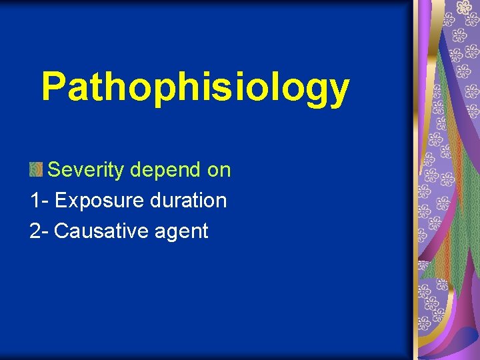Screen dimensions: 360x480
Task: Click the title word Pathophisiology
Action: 195,87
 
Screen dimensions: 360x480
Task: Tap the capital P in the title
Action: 54,86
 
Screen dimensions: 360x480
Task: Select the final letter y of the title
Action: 337,91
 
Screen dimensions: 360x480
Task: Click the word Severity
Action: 86,171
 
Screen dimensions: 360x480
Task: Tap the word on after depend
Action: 219,171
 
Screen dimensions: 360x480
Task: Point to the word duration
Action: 187,200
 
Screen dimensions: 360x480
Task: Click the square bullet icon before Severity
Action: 36,170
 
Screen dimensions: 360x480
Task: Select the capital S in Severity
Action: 55,170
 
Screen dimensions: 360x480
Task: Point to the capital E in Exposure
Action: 61,200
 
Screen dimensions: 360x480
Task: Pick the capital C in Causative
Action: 62,231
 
